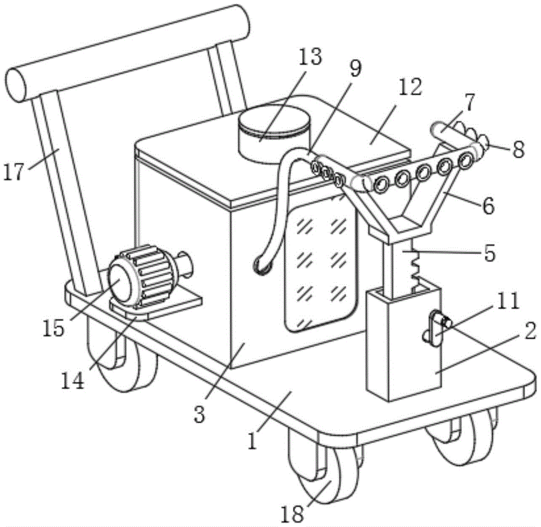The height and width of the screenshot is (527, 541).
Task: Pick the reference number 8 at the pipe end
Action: [x=518, y=150]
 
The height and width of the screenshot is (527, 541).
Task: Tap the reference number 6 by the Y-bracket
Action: [x=487, y=205]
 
